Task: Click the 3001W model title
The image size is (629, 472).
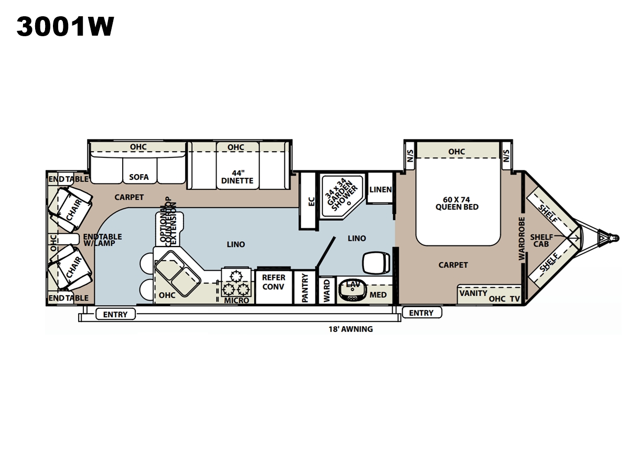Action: [66, 26]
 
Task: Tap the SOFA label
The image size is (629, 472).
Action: [139, 177]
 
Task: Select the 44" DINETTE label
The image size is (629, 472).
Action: [237, 177]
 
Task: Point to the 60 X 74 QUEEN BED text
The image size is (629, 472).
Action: [457, 203]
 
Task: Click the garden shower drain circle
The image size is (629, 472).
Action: [349, 203]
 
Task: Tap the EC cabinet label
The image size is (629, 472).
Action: [311, 201]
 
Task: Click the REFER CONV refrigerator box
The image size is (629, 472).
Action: [274, 286]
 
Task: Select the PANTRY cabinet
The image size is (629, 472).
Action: [305, 287]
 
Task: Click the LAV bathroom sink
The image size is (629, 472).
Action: [353, 291]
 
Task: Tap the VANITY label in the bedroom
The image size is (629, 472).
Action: [473, 294]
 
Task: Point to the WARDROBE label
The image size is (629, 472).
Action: [522, 239]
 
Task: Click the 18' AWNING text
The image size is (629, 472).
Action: [351, 329]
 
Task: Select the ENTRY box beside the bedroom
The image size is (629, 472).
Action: [422, 313]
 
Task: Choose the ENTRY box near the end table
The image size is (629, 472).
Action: [115, 314]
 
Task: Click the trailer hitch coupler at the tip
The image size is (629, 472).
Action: [615, 238]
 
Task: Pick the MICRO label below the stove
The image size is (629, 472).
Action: [236, 301]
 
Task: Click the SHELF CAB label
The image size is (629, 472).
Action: [541, 241]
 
